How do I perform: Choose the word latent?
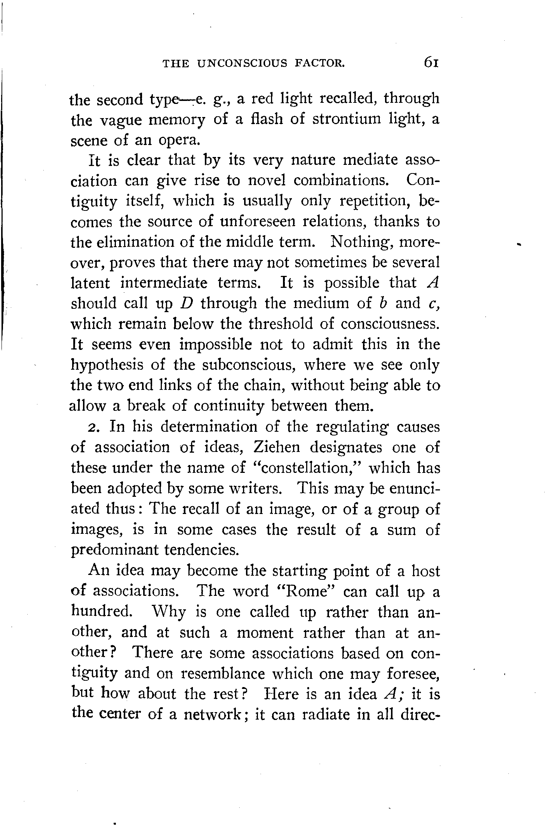point(91,283)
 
